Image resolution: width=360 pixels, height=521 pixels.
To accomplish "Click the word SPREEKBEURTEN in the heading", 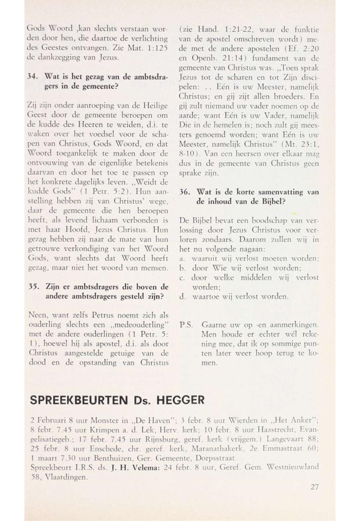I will (x=84, y=400).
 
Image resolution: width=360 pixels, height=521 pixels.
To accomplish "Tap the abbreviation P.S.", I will (x=185, y=324).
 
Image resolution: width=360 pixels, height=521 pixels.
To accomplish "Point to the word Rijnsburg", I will (x=131, y=439).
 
